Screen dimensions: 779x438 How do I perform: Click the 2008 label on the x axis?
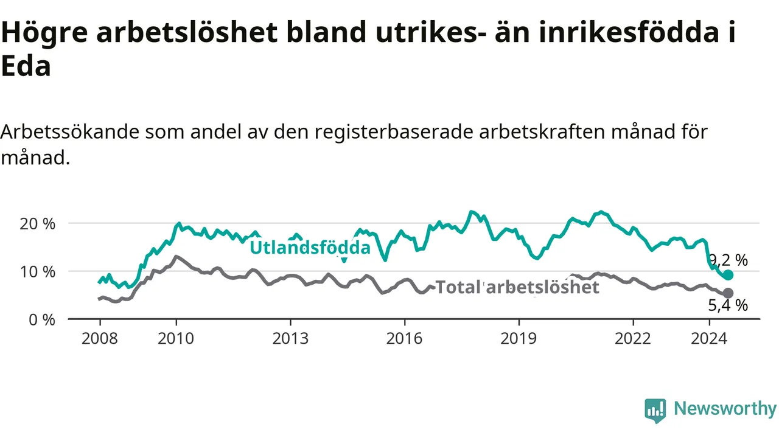pyautogui.click(x=99, y=339)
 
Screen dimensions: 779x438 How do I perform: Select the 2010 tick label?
pyautogui.click(x=176, y=339)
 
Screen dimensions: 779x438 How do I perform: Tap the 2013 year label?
pyautogui.click(x=290, y=339)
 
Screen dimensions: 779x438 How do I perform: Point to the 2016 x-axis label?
pyautogui.click(x=405, y=339)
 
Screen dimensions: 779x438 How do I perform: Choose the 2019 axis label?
pyautogui.click(x=519, y=339)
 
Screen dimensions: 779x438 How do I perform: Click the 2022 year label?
pyautogui.click(x=632, y=339)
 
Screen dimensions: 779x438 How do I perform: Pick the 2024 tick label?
pyautogui.click(x=709, y=339)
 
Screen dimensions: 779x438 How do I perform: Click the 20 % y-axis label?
pyautogui.click(x=38, y=224)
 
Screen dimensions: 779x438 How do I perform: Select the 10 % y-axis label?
pyautogui.click(x=38, y=272)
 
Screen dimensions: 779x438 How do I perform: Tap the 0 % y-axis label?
pyautogui.click(x=42, y=320)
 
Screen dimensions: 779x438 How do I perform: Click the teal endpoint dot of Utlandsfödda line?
pyautogui.click(x=728, y=275)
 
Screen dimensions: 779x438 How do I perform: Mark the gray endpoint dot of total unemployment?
pyautogui.click(x=728, y=293)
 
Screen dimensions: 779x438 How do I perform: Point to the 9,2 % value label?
pyautogui.click(x=728, y=260)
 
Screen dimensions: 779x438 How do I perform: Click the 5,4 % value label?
pyautogui.click(x=728, y=305)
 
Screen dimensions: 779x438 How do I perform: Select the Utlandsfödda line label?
pyautogui.click(x=310, y=248)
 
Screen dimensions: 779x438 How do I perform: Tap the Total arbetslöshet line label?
pyautogui.click(x=517, y=287)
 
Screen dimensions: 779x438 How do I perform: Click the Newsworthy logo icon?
pyautogui.click(x=655, y=411)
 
